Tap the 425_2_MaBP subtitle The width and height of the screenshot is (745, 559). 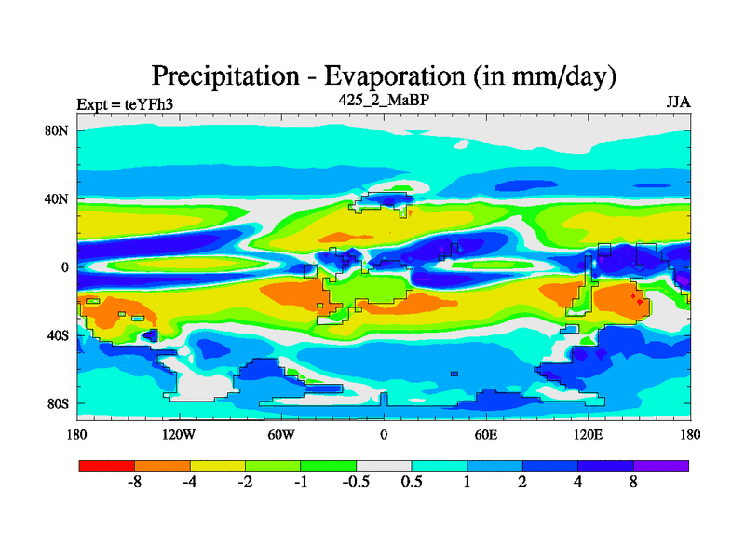(x=383, y=98)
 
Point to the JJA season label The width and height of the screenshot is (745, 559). (x=677, y=102)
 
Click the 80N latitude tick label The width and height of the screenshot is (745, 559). (x=57, y=130)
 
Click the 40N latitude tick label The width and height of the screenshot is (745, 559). (x=57, y=198)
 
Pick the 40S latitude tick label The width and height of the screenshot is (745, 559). (x=58, y=335)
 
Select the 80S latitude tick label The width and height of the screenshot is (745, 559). (x=58, y=403)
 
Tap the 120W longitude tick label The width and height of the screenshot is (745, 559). (x=179, y=434)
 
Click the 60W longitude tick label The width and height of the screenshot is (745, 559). (x=281, y=434)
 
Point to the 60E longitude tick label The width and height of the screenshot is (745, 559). (x=485, y=434)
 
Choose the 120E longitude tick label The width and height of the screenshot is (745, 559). (x=588, y=434)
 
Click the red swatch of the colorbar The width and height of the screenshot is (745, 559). (x=106, y=465)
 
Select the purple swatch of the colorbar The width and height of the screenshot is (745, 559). (x=661, y=465)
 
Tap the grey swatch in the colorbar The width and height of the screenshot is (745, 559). (x=384, y=465)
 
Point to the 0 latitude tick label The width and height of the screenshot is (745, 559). (x=65, y=267)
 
